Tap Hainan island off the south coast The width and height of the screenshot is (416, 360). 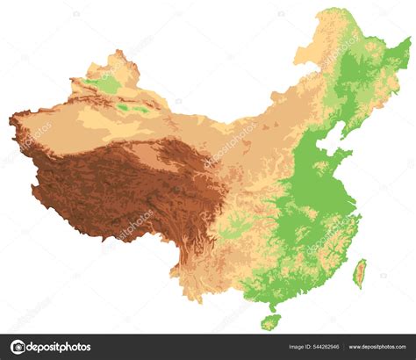click(x=271, y=322)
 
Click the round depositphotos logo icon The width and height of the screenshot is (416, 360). click(x=18, y=347)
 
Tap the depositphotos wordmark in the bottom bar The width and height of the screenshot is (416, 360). click(x=59, y=347)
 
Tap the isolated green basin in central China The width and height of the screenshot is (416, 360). click(x=230, y=230)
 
